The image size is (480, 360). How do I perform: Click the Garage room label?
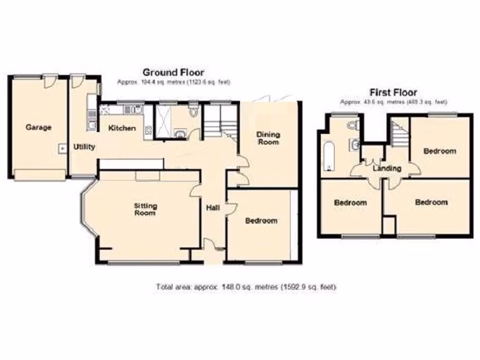click(x=38, y=127)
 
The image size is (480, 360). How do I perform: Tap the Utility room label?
click(x=84, y=147)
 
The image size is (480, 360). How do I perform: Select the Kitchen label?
click(x=122, y=128)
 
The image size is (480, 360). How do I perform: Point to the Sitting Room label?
click(x=146, y=209)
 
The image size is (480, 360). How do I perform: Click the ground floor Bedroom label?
click(x=261, y=220)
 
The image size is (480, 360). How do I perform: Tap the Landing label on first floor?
click(x=387, y=168)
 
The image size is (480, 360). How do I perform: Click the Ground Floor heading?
click(x=173, y=72)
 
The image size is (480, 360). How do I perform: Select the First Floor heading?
click(x=393, y=92)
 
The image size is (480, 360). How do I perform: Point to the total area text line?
click(x=246, y=287)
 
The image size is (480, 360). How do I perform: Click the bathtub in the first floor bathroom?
click(x=329, y=157)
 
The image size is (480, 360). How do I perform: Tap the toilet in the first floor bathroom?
click(x=353, y=125)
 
